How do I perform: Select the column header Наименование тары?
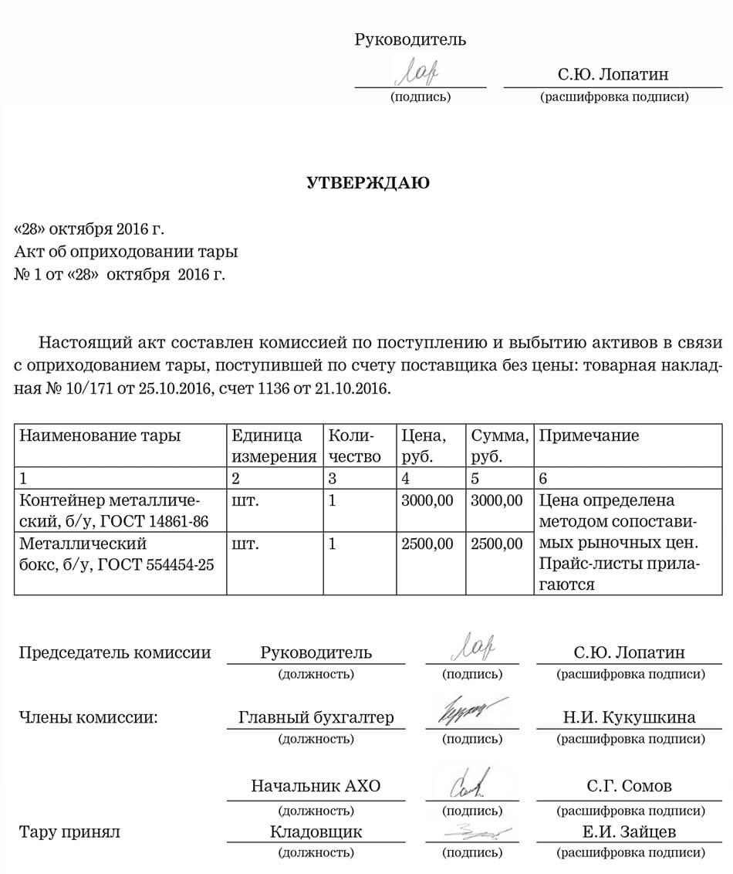click(x=100, y=435)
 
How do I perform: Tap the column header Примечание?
click(x=589, y=435)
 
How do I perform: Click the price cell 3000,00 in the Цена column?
click(x=427, y=500)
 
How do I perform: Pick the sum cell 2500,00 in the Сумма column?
click(x=496, y=544)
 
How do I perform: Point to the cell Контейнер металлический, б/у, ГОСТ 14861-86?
click(x=113, y=510)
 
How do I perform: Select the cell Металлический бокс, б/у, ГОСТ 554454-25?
click(x=116, y=554)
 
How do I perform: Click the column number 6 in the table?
click(x=544, y=478)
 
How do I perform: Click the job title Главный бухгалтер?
click(x=316, y=717)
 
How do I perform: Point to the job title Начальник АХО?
click(x=316, y=786)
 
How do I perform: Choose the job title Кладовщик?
click(x=316, y=832)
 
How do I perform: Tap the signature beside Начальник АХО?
click(x=468, y=781)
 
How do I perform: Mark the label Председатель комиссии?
click(x=114, y=652)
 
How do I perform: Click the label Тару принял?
click(x=69, y=832)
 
